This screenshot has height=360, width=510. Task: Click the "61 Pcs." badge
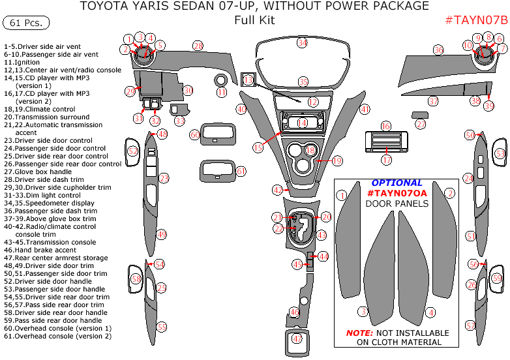27,23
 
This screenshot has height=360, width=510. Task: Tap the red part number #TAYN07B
475,20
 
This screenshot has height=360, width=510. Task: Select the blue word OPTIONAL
397,183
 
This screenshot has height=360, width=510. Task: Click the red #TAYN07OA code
397,194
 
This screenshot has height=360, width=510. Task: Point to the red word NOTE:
359,333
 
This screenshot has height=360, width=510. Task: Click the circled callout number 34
302,43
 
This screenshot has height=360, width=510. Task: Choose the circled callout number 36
438,50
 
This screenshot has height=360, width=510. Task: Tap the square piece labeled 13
248,80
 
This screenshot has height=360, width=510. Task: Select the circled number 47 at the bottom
297,339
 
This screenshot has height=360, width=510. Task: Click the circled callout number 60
194,134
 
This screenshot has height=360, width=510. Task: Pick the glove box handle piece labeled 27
420,115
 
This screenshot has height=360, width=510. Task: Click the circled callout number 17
386,160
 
